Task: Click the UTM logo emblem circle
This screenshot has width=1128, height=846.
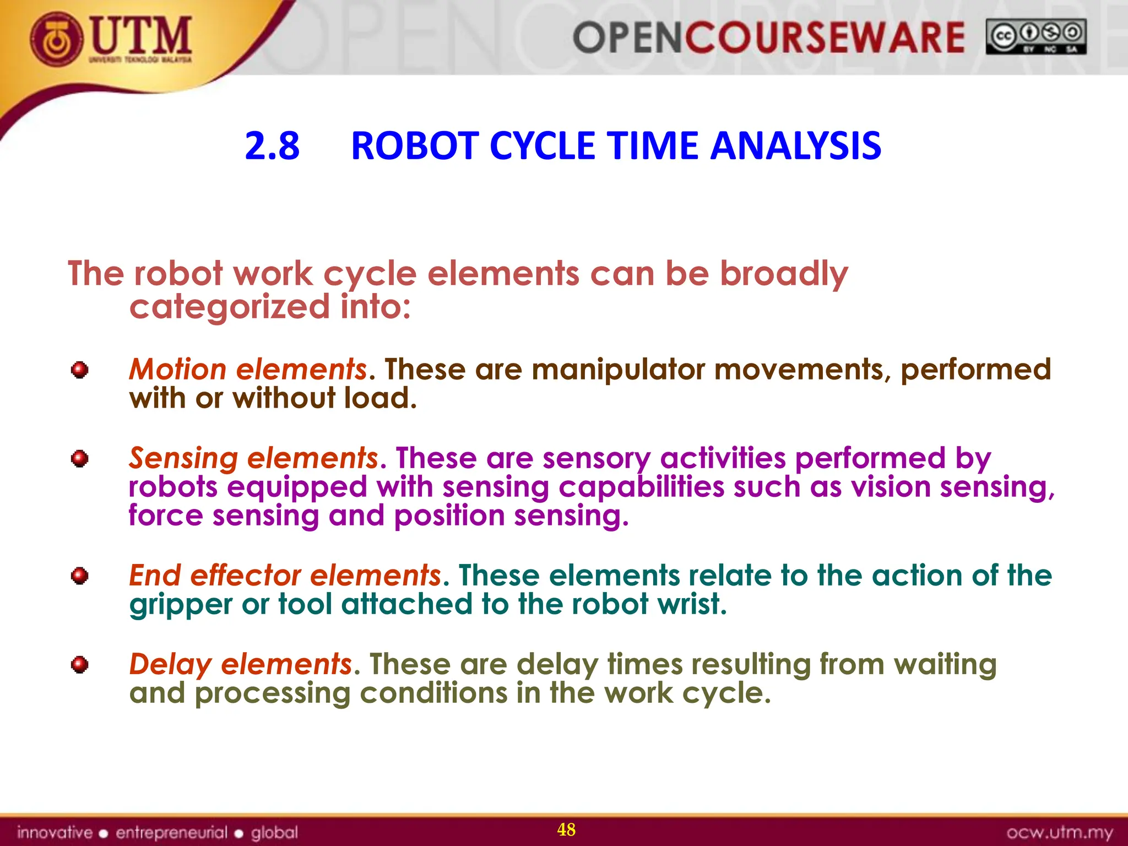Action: coord(57,40)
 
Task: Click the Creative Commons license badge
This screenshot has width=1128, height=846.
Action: coord(1036,37)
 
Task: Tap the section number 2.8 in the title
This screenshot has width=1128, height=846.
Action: coord(272,146)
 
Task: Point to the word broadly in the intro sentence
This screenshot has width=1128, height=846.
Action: coord(784,274)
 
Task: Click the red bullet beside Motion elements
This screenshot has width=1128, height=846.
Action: coord(80,370)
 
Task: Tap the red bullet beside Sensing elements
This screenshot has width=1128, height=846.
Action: coord(80,458)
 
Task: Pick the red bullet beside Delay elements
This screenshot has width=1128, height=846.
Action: coord(80,665)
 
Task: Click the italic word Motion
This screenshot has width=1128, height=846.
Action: coord(177,369)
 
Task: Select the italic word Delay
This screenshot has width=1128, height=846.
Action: coord(170,664)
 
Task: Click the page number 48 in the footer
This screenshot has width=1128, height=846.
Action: coord(566,829)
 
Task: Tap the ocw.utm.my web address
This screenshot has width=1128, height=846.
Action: coord(1059,832)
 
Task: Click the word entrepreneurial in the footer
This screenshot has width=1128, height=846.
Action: coord(171,832)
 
